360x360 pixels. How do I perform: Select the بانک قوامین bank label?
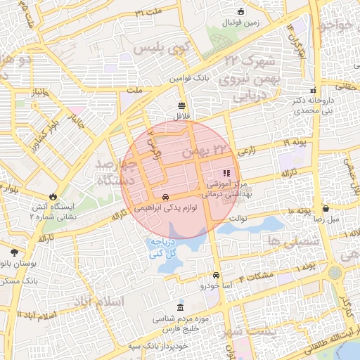pyautogui.click(x=193, y=79)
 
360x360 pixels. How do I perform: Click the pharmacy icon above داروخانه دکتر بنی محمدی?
pyautogui.click(x=314, y=90)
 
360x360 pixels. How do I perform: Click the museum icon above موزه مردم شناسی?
pyautogui.click(x=181, y=308)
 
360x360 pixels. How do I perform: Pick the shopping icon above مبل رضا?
pyautogui.click(x=326, y=208)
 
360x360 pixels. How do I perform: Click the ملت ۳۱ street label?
pyautogui.click(x=149, y=13)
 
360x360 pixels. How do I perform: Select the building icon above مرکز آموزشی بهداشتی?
pyautogui.click(x=226, y=173)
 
